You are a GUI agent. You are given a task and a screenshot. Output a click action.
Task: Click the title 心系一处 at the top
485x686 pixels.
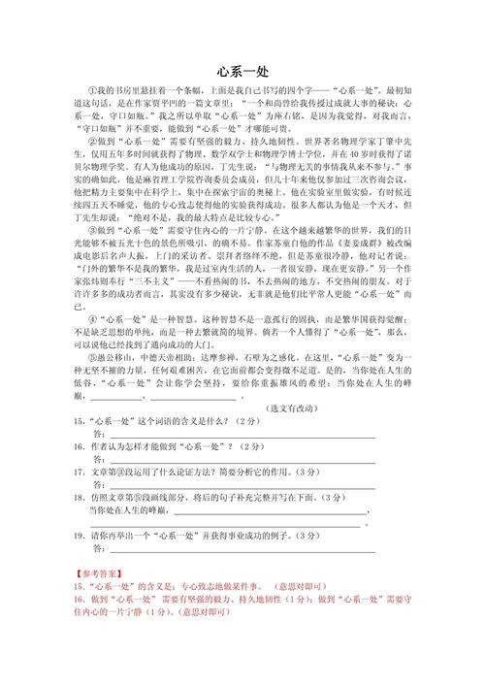[x=242, y=70]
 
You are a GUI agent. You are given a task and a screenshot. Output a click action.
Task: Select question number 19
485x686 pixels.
[x=79, y=535]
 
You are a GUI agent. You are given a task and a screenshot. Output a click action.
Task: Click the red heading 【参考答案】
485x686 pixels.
[x=99, y=574]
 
